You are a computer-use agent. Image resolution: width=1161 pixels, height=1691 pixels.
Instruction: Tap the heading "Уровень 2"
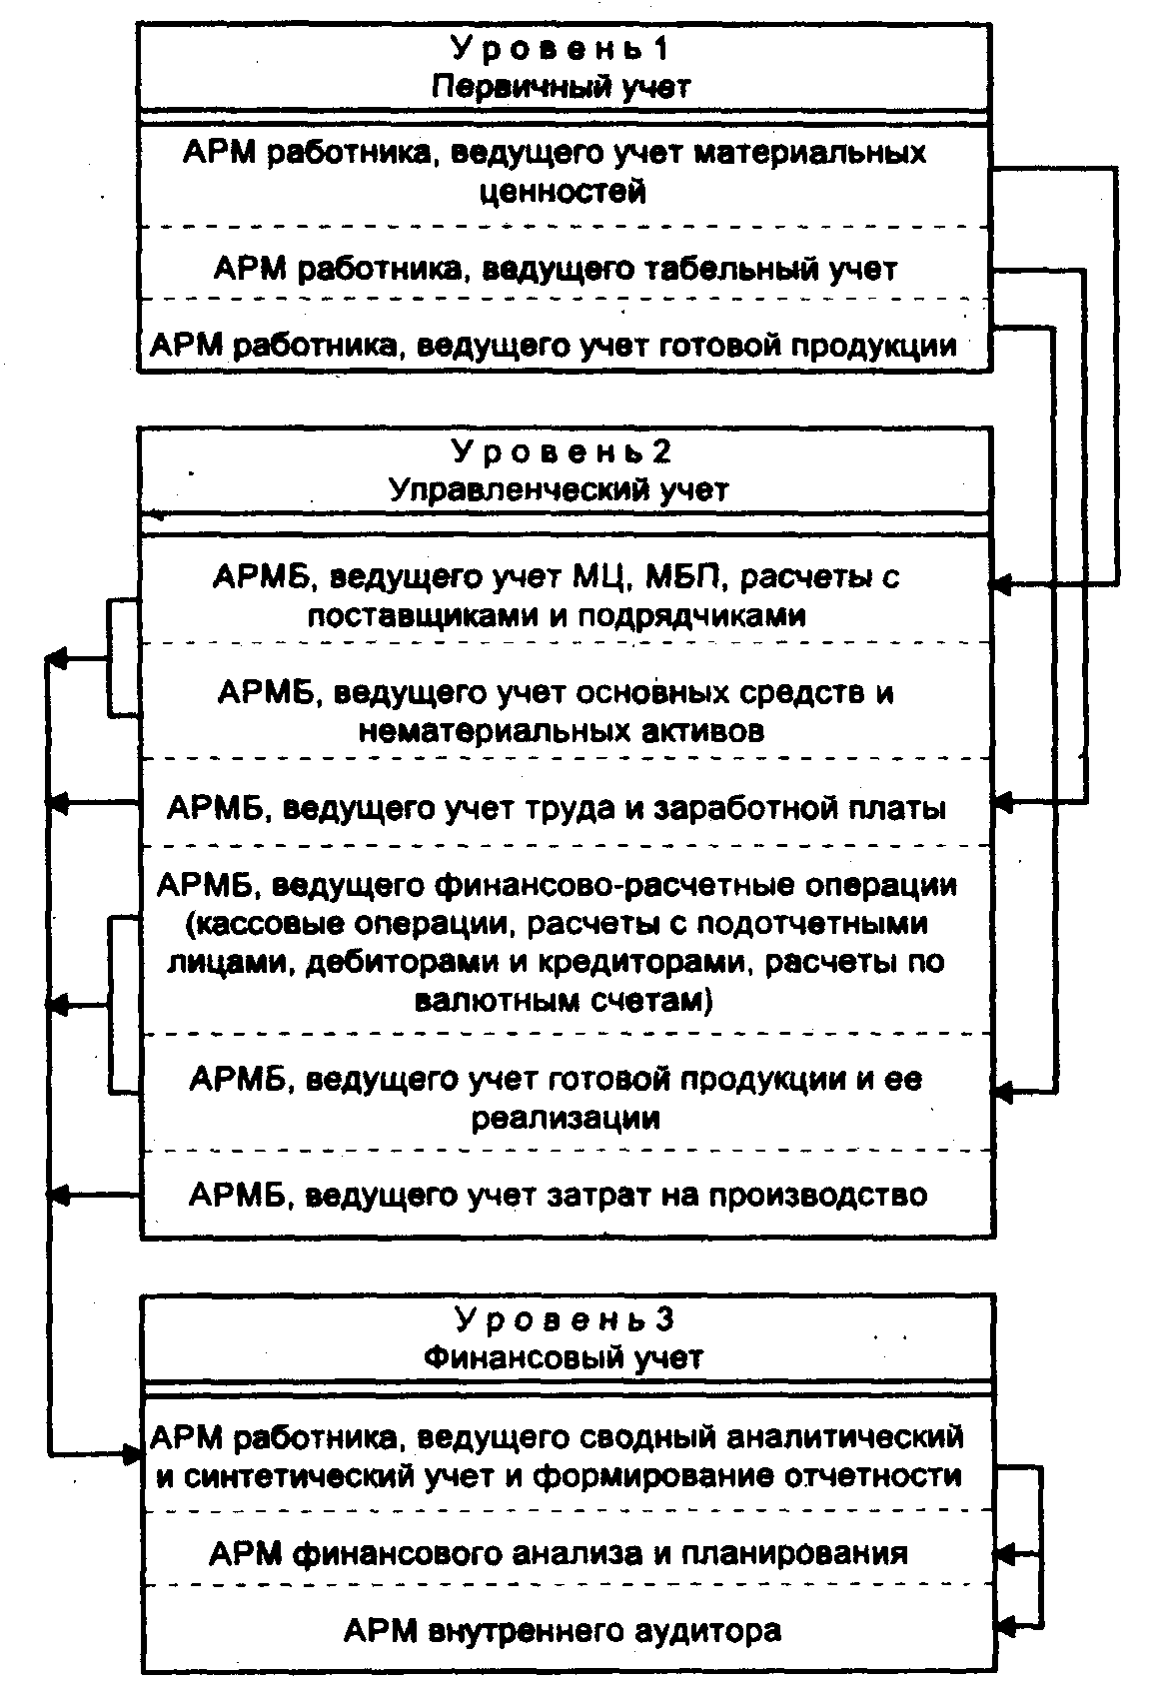(563, 451)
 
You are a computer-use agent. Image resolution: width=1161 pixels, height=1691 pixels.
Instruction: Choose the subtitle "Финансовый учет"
(564, 1357)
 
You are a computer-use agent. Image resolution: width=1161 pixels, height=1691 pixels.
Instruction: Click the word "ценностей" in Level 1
(563, 191)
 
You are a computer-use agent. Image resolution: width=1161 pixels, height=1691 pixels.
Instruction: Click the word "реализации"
(566, 1117)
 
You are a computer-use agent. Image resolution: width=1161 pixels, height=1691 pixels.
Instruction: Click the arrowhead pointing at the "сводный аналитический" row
(132, 1453)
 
